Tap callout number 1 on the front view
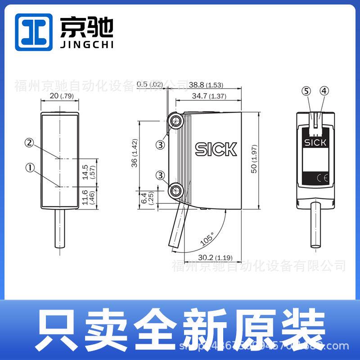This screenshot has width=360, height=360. tap(30, 167)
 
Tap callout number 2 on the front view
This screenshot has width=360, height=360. tap(30, 143)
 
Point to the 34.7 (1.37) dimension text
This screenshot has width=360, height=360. tap(209, 96)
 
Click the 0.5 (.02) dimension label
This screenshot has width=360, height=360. tap(149, 84)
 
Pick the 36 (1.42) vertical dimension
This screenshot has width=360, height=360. tap(135, 153)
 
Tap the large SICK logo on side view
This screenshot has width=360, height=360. tap(216, 149)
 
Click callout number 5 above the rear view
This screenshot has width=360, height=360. tap(306, 91)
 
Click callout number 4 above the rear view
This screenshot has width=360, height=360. tap(324, 91)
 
